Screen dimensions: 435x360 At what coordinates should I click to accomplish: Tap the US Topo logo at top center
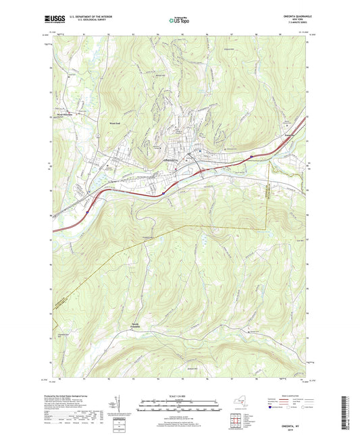pos(179,21)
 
